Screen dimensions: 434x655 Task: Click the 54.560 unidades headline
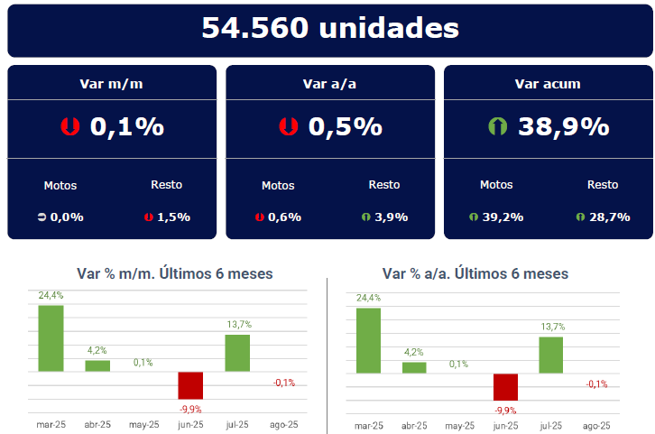tap(330, 28)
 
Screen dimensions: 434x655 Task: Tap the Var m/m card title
tap(112, 84)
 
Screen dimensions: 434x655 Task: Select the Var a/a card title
tap(330, 84)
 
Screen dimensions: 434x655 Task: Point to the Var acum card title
tap(548, 84)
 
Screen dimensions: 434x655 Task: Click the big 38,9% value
tap(563, 127)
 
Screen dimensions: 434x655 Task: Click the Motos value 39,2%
tap(503, 217)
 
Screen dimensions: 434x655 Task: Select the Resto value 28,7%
tap(609, 217)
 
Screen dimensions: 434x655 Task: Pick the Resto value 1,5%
tap(173, 217)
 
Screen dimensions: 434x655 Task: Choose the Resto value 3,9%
tap(391, 217)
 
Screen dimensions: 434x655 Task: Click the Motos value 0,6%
tap(285, 217)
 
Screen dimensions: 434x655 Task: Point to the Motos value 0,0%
tap(67, 217)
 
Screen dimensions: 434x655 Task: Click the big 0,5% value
tap(346, 127)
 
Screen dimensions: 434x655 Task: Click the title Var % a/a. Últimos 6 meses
tap(475, 273)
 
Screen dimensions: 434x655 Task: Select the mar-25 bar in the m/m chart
tap(51, 338)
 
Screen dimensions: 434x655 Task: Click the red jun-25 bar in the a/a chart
tap(505, 387)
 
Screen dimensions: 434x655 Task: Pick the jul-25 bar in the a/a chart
tap(550, 355)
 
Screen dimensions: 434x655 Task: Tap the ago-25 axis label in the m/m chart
tap(283, 425)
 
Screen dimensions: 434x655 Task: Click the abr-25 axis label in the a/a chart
tap(414, 426)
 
